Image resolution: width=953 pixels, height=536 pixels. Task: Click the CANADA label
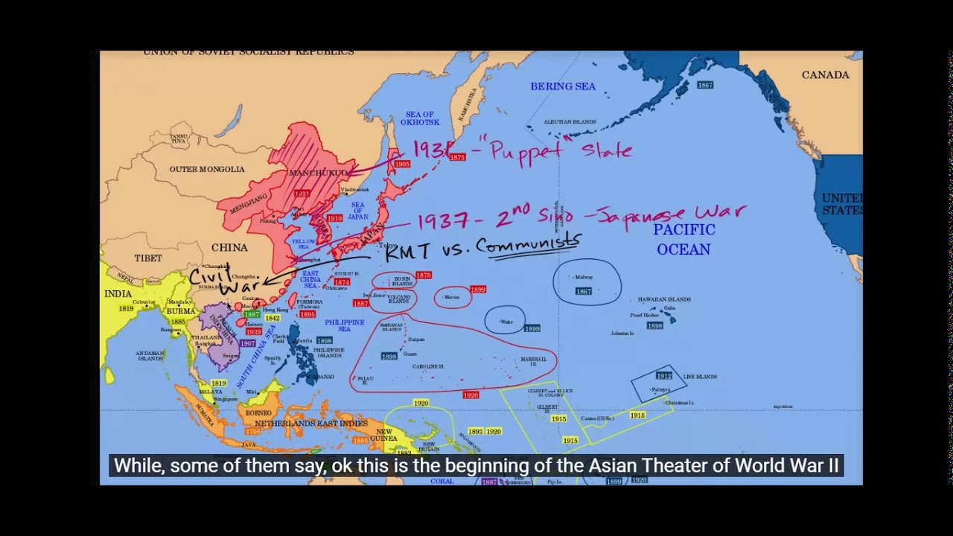pyautogui.click(x=825, y=75)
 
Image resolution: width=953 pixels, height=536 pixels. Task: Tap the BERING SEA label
pyautogui.click(x=563, y=86)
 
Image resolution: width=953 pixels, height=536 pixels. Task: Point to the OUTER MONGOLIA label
pyautogui.click(x=207, y=169)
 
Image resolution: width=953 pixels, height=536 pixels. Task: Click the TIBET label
pyautogui.click(x=148, y=258)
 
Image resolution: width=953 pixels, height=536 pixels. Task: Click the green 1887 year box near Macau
pyautogui.click(x=252, y=315)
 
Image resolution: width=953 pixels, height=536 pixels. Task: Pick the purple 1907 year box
pyautogui.click(x=247, y=343)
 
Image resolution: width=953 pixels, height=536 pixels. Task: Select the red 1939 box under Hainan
pyautogui.click(x=254, y=332)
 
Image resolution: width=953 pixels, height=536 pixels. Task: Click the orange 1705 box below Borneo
pyautogui.click(x=253, y=431)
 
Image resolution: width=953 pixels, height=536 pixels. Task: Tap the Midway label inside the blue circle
pyautogui.click(x=584, y=278)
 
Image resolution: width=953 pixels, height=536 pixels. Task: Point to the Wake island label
pyautogui.click(x=506, y=322)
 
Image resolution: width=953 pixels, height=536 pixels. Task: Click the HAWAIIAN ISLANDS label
pyautogui.click(x=664, y=299)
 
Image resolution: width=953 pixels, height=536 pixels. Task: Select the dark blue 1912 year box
pyautogui.click(x=663, y=376)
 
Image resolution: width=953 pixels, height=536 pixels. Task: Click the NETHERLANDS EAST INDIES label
pyautogui.click(x=311, y=424)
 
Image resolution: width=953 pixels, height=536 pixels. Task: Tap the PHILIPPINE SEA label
pyautogui.click(x=345, y=325)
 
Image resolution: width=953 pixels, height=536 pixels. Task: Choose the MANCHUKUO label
pyautogui.click(x=318, y=173)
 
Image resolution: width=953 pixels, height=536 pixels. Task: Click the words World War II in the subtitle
pyautogui.click(x=786, y=466)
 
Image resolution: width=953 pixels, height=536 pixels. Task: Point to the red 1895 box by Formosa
pyautogui.click(x=307, y=315)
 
